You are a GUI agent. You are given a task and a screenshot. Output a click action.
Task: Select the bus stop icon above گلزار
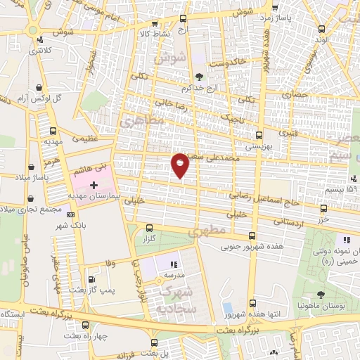tap(148, 228)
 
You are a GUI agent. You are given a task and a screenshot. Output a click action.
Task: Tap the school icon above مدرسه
tap(174, 265)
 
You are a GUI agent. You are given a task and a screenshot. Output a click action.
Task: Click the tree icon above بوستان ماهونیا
tap(321, 295)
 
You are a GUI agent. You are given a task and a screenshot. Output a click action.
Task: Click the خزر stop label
tap(323, 219)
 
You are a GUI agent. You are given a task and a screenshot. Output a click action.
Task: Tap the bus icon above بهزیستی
tap(259, 136)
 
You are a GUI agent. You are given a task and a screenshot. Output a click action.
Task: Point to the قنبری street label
tap(289, 132)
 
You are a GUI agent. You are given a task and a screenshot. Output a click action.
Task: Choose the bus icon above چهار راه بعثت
tap(84, 325)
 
